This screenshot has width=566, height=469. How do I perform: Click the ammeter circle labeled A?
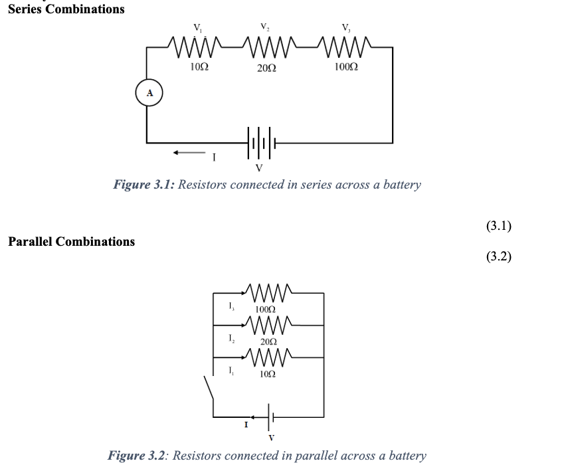(x=149, y=94)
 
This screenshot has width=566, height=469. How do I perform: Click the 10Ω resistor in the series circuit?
(x=197, y=47)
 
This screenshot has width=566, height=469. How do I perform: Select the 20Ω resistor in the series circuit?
(x=266, y=47)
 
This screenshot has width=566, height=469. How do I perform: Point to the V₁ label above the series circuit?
(x=197, y=28)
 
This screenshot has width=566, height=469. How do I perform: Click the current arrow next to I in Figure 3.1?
(x=187, y=153)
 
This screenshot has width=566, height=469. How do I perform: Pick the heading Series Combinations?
(x=66, y=9)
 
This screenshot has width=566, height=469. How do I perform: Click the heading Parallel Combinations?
(x=71, y=242)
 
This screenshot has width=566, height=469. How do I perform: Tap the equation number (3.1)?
(x=498, y=226)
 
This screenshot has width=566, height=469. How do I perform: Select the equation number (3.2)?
(x=498, y=256)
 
